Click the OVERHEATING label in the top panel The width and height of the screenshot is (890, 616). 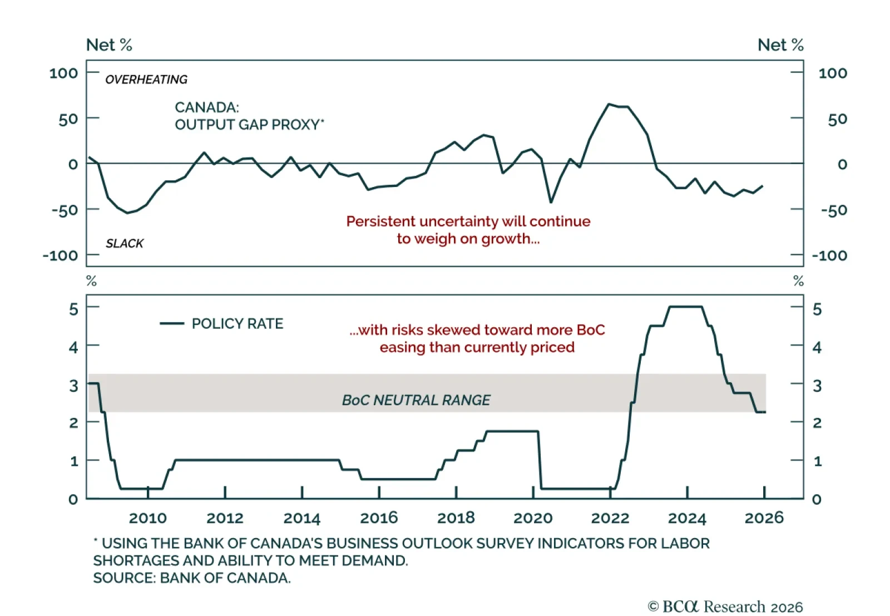click(146, 80)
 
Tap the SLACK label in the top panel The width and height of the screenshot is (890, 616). click(125, 243)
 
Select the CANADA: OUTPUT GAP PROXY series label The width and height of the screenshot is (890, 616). click(249, 116)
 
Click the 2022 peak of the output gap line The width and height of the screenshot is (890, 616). click(610, 104)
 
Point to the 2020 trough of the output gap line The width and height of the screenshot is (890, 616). click(551, 202)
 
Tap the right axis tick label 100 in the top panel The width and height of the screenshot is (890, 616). click(833, 73)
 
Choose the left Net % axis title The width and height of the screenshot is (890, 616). click(109, 45)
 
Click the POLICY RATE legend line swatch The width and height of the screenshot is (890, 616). click(172, 323)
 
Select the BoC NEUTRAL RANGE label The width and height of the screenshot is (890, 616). click(416, 400)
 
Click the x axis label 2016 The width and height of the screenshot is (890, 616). click(379, 518)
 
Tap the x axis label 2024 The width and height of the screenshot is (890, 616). click(687, 518)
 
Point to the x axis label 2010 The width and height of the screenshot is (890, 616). click(148, 518)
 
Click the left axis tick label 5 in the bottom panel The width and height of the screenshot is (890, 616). click(73, 309)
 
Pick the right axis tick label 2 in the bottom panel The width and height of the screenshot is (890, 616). click(817, 423)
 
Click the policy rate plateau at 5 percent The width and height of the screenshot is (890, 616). click(685, 307)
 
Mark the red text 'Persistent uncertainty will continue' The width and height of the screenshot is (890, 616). click(468, 221)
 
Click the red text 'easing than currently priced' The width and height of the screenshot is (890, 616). click(477, 347)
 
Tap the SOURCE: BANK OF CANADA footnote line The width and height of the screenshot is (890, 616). click(192, 578)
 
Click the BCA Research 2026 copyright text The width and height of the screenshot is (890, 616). click(725, 606)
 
